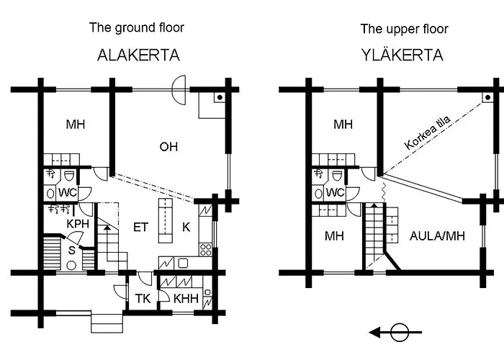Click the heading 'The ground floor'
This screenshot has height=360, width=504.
pos(136,29)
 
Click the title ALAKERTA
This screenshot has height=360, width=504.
pos(138,55)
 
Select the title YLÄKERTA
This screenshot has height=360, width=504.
pos(404,55)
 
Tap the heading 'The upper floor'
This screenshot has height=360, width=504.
pos(404,29)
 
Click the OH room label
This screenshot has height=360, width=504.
pos(168,147)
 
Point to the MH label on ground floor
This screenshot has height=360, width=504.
pos(76,125)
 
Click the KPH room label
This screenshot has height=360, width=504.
pos(77,225)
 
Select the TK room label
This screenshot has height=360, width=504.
pos(142,299)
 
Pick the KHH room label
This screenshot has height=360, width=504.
pos(181,299)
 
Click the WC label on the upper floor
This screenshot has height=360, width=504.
pos(335,193)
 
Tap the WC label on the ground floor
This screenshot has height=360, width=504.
pos(67,193)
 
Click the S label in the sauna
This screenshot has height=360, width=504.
pos(72,251)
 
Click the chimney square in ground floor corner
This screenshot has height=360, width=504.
pos(219,96)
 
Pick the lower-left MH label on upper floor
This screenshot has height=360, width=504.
pos(334,235)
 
